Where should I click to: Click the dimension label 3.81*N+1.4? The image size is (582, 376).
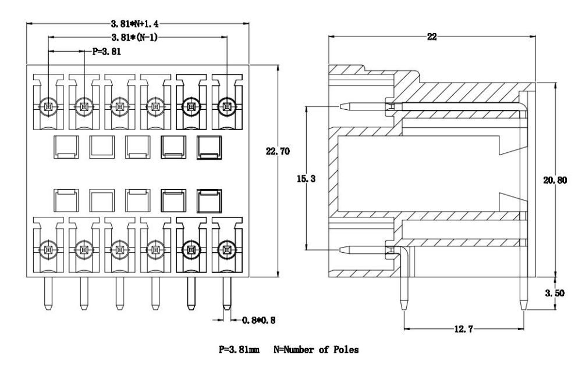tap(135, 24)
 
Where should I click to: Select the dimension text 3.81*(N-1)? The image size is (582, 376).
tap(134, 37)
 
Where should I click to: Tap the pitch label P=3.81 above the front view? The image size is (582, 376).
tap(107, 52)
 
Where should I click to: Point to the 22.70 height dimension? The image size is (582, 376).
tap(278, 151)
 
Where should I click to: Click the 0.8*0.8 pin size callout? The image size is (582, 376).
tap(259, 320)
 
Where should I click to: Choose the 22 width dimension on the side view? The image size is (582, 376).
tap(432, 37)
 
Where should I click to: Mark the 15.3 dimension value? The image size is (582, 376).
tap(306, 179)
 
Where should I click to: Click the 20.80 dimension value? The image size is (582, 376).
tap(555, 180)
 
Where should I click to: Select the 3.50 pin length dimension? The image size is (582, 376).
tap(555, 293)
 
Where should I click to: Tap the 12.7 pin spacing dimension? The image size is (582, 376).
tap(464, 329)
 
